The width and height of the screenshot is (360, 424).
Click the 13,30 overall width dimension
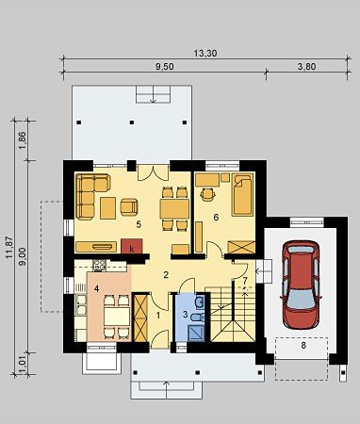tap(205, 54)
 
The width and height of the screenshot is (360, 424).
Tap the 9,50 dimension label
tap(165, 67)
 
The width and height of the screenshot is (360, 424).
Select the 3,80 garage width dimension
tap(306, 67)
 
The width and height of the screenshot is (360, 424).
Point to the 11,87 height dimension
tap(9, 247)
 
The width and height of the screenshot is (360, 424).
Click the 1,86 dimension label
tap(23, 140)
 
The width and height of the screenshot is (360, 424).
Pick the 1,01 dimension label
tap(23, 364)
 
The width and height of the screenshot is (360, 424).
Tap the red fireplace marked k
tap(132, 246)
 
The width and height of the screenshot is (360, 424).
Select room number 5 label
tap(139, 224)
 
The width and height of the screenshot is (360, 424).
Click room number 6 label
tap(216, 218)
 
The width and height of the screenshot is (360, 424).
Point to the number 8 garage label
tap(303, 346)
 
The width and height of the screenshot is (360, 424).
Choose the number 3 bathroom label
tap(186, 314)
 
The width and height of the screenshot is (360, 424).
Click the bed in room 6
tap(242, 195)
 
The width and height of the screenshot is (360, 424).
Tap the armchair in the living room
tap(129, 207)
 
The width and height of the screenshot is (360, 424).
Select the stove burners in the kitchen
tap(100, 266)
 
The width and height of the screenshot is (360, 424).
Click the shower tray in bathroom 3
tap(195, 333)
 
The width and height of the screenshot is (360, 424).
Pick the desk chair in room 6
tap(207, 194)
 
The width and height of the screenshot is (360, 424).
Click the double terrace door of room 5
tap(154, 172)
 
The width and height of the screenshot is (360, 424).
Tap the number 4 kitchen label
tap(97, 289)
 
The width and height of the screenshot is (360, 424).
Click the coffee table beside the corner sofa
tap(108, 208)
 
